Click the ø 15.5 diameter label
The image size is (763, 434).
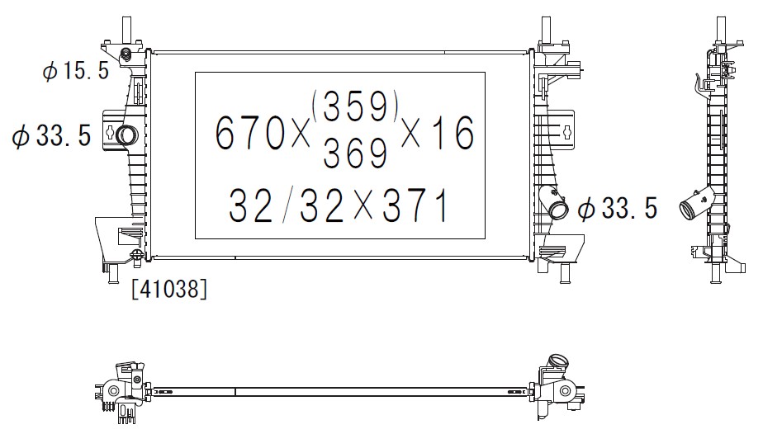click(76, 72)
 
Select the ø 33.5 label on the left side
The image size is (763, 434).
click(51, 135)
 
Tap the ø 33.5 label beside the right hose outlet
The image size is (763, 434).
click(618, 209)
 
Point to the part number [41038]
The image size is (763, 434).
click(168, 289)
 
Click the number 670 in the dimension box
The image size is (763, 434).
click(249, 132)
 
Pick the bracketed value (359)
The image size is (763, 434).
click(355, 106)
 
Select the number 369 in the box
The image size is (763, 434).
click(355, 152)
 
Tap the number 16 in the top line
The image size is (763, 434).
click(453, 132)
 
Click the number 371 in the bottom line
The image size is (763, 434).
click(415, 205)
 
